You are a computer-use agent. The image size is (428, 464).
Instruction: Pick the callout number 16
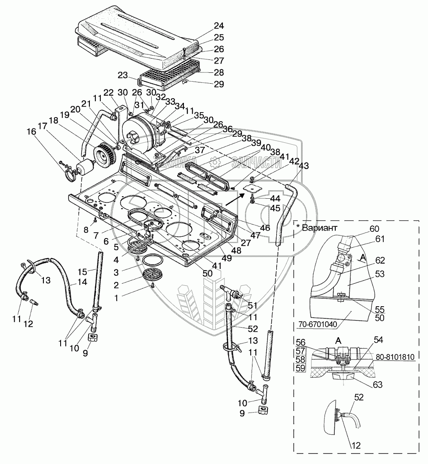(31, 132)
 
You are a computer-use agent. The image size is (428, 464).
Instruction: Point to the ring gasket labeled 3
(152, 260)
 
